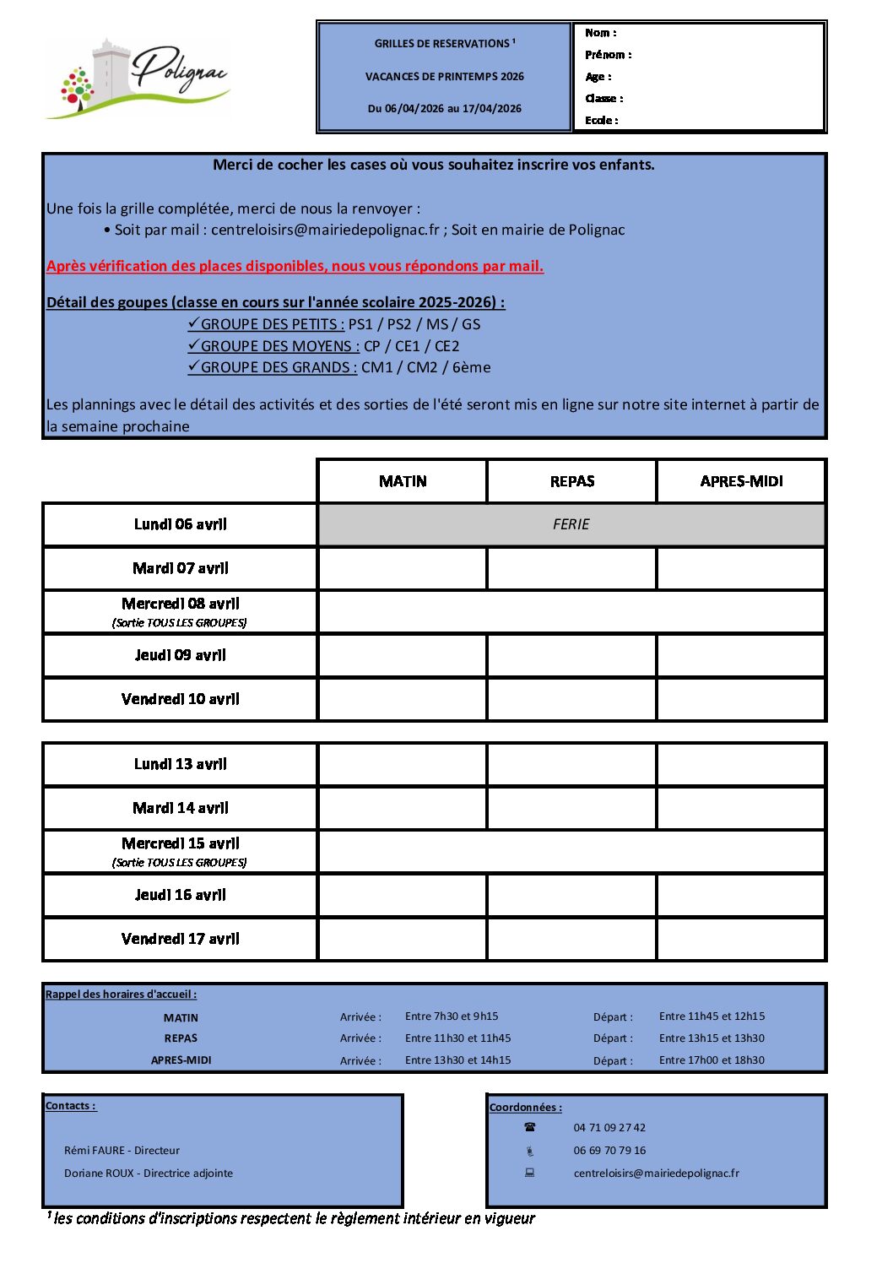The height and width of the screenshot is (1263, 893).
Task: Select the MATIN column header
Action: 403,481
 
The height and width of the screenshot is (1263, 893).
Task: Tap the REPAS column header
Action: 572,481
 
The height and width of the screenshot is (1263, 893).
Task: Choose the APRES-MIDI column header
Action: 741,481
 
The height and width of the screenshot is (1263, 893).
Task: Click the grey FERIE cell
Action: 571,524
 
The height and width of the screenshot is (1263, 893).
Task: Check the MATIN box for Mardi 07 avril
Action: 403,568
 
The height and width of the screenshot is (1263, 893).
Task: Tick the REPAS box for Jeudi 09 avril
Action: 572,655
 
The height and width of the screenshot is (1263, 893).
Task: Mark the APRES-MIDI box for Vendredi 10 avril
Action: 741,699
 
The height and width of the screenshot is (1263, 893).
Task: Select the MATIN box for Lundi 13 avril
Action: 403,764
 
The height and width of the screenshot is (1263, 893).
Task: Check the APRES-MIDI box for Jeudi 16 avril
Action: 741,895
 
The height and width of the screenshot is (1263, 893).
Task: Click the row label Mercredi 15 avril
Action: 181,843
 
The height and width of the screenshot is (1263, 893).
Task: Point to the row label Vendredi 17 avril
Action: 181,939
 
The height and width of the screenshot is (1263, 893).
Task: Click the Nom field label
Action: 601,33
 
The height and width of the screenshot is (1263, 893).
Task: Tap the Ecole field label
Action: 602,121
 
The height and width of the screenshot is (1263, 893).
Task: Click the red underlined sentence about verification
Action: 295,266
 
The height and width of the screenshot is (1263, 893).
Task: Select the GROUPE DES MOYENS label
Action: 279,346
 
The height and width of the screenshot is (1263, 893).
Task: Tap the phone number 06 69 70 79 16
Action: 609,1151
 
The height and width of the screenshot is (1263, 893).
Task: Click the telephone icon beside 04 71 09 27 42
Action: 530,1127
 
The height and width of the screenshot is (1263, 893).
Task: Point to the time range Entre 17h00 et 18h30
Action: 712,1060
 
